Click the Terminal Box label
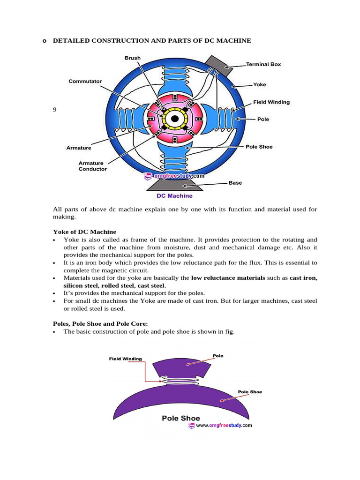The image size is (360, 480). click(263, 64)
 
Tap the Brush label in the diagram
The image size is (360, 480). click(132, 58)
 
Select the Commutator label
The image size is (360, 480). click(85, 81)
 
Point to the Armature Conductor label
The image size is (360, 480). click(92, 166)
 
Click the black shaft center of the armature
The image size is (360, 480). click(174, 119)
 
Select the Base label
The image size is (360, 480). click(235, 183)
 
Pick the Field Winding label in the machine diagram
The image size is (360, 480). click(271, 102)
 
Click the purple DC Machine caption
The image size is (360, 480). click(174, 196)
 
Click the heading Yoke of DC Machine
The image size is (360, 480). click(84, 232)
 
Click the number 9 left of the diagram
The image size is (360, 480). click(54, 110)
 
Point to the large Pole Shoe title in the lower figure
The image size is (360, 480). click(180, 418)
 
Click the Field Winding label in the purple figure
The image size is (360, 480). click(125, 359)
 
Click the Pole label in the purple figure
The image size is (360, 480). click(218, 356)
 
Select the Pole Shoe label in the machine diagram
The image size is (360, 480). click(259, 147)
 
